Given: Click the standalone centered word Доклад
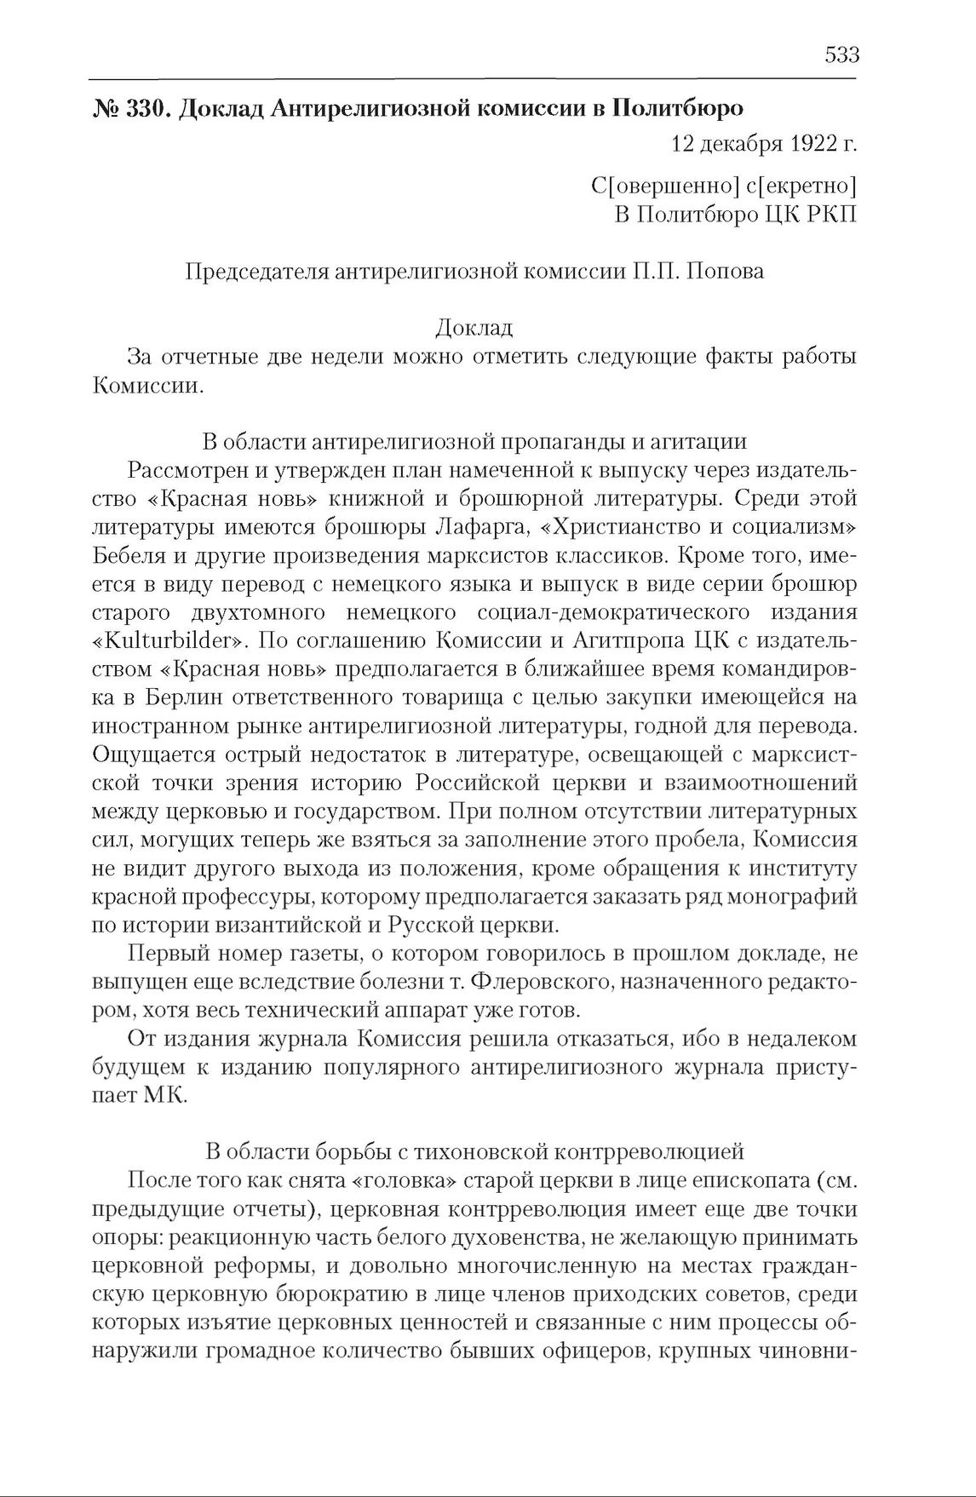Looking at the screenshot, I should point(474,328).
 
